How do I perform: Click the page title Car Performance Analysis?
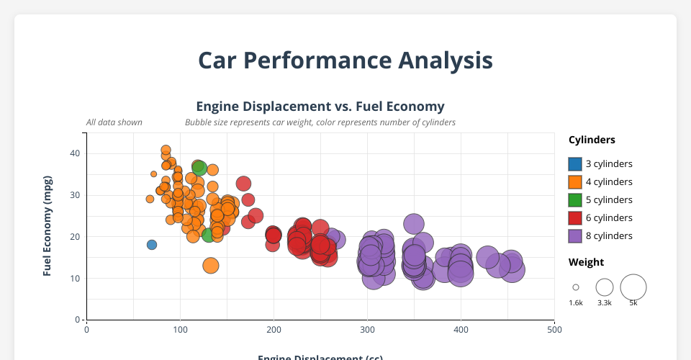(x=345, y=60)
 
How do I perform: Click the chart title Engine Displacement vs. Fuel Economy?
(x=320, y=106)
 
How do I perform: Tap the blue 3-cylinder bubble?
(x=152, y=245)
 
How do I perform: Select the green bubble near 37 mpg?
(x=200, y=168)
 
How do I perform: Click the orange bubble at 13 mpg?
(x=211, y=266)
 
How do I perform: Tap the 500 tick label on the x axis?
(x=554, y=330)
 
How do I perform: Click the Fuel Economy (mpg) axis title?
(x=48, y=225)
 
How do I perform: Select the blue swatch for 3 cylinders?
(x=574, y=163)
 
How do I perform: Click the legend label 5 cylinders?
(x=609, y=199)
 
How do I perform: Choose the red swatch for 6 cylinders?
(x=574, y=217)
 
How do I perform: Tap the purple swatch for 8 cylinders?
(x=574, y=235)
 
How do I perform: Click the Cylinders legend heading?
(x=592, y=140)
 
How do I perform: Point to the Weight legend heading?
(x=586, y=261)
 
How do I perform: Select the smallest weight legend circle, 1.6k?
(x=576, y=287)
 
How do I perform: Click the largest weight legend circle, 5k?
(x=633, y=287)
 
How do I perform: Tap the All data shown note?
(x=114, y=122)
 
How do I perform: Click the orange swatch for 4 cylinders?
(x=574, y=181)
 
